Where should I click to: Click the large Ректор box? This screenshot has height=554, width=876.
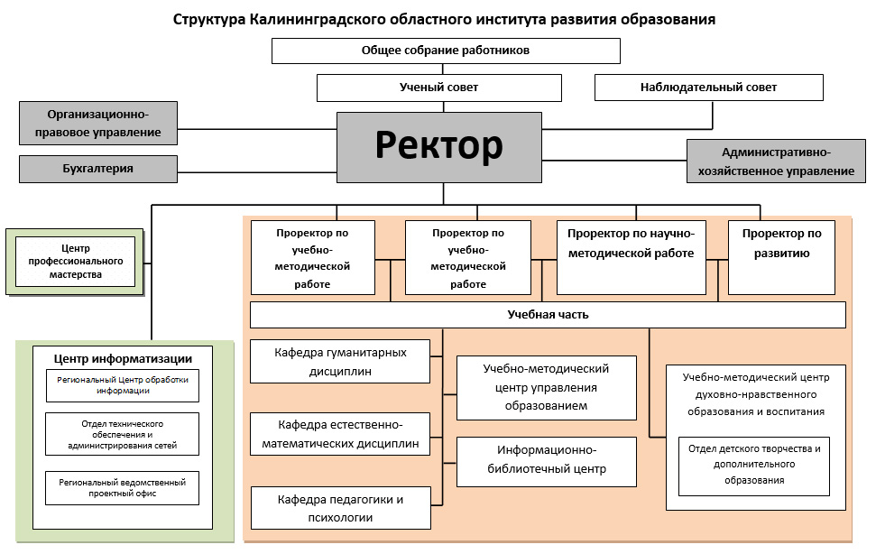[439, 146]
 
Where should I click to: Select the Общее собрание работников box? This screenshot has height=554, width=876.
[446, 51]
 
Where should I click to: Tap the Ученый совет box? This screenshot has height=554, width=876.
[438, 88]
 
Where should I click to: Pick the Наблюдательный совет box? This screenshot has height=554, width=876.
[708, 88]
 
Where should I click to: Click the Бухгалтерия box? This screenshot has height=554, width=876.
[98, 169]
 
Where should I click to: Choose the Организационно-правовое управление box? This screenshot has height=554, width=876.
[98, 124]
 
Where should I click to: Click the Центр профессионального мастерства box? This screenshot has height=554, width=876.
[75, 261]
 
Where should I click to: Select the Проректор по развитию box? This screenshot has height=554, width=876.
[781, 256]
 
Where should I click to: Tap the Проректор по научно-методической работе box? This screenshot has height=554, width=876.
[631, 256]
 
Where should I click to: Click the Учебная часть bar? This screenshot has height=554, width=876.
[548, 315]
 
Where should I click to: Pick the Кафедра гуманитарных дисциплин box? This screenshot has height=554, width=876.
[340, 361]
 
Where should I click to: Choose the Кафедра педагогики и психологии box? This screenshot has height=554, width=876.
[340, 508]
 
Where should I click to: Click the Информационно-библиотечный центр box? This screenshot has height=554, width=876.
[547, 460]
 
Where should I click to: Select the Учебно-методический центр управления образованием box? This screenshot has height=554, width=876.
[547, 387]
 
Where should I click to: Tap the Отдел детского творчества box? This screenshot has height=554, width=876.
[753, 465]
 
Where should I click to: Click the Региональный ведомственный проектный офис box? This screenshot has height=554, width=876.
[122, 488]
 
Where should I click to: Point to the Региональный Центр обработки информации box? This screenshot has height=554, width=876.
[122, 385]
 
